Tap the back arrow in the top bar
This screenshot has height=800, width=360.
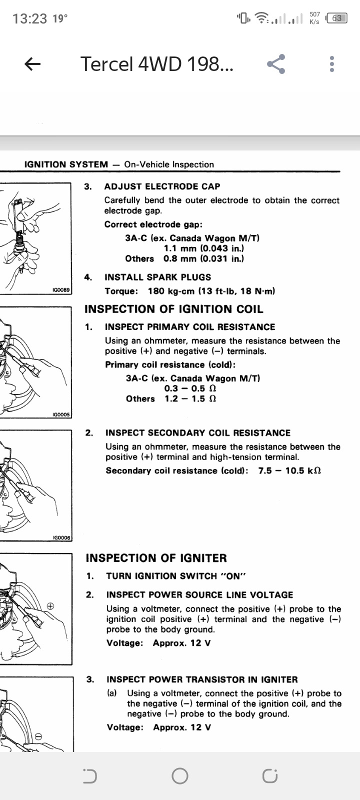(x=32, y=64)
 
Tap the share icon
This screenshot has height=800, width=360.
(x=276, y=64)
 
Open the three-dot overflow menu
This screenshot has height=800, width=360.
(x=332, y=64)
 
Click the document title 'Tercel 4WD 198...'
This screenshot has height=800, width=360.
(x=156, y=64)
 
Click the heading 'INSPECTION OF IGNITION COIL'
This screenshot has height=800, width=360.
(x=174, y=309)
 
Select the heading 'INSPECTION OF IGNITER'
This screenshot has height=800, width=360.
(x=156, y=558)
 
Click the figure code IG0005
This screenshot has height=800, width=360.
(x=61, y=414)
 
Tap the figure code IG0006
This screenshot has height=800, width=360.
(x=61, y=538)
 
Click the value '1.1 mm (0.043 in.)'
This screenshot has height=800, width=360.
(x=204, y=248)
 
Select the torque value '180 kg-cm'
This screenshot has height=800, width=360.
(x=170, y=291)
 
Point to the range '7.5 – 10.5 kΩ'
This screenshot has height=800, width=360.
(x=289, y=470)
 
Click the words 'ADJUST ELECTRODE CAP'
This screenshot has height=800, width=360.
(x=162, y=186)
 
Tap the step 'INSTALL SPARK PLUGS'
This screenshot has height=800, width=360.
(x=158, y=277)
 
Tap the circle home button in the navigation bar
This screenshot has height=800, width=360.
(x=180, y=775)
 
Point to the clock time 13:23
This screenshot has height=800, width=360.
(x=30, y=19)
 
